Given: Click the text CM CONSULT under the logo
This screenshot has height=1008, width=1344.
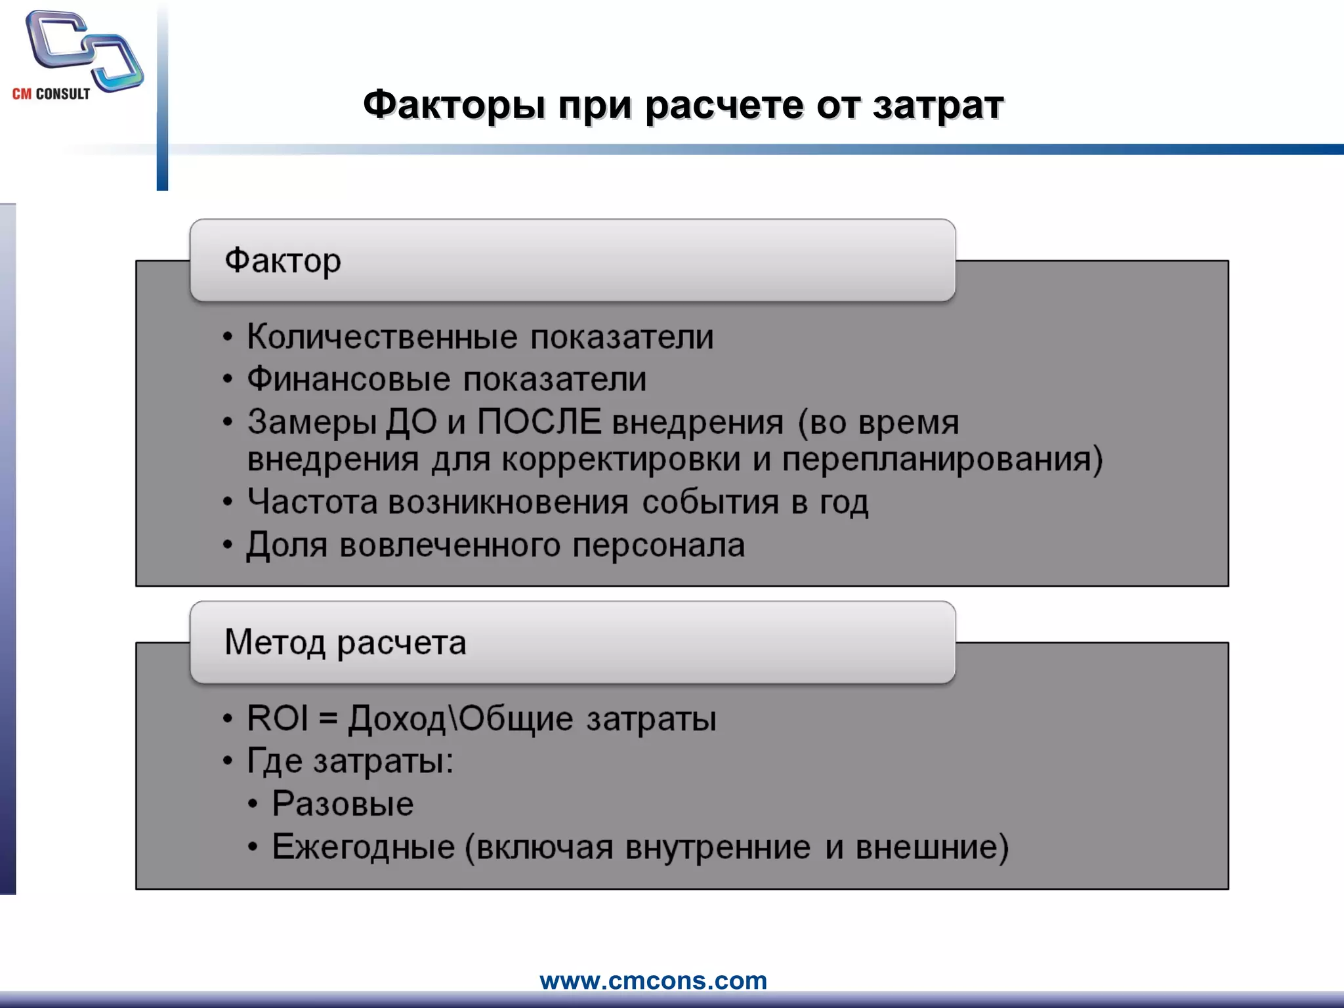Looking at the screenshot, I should click(51, 94).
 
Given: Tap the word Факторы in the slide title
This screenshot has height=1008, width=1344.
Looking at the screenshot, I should click(453, 105).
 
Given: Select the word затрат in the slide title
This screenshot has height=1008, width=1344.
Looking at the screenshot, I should click(938, 105).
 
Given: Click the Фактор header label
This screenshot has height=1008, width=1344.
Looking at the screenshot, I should click(283, 261).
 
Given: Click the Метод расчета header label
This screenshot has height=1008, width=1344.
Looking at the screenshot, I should click(345, 642).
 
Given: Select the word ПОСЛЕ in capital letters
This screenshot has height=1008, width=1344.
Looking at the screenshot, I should click(539, 421).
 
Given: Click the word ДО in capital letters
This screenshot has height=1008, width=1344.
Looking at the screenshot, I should click(411, 421).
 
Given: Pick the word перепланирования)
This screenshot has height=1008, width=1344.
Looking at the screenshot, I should click(942, 459).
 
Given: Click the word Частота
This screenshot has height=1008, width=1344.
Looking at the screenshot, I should click(312, 502).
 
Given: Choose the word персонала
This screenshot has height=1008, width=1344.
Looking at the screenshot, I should click(658, 545).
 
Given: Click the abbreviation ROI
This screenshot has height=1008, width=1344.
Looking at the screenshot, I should click(277, 718).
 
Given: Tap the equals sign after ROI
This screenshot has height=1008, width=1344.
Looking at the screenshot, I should click(328, 719).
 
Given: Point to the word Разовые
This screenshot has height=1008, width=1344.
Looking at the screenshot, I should click(343, 804).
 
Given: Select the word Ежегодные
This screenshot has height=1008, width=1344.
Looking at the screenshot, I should click(364, 847).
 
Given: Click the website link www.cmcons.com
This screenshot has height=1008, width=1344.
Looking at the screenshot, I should click(653, 980).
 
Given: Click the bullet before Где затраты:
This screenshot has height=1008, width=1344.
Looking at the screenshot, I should click(228, 761).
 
